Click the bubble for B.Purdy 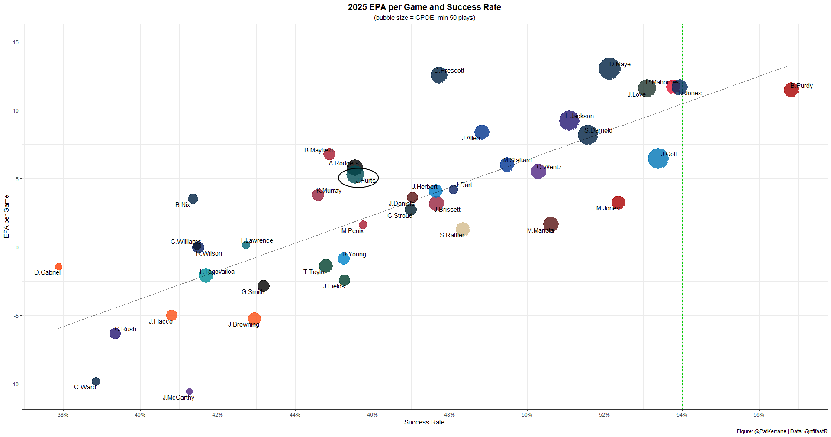click(791, 90)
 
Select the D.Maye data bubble click(609, 68)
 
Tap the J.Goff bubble click(658, 159)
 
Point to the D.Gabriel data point click(58, 267)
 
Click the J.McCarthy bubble click(190, 392)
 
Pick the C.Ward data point click(96, 382)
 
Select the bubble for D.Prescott click(439, 75)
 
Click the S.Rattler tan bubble click(463, 229)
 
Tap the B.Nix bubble click(193, 199)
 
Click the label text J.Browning click(244, 324)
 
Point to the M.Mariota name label click(540, 230)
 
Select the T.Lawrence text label click(257, 240)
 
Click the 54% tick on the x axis click(682, 415)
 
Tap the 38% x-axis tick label click(63, 415)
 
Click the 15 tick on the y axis click(16, 42)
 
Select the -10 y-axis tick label click(15, 384)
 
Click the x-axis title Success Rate click(424, 422)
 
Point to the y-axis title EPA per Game click(6, 216)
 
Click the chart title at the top click(424, 7)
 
